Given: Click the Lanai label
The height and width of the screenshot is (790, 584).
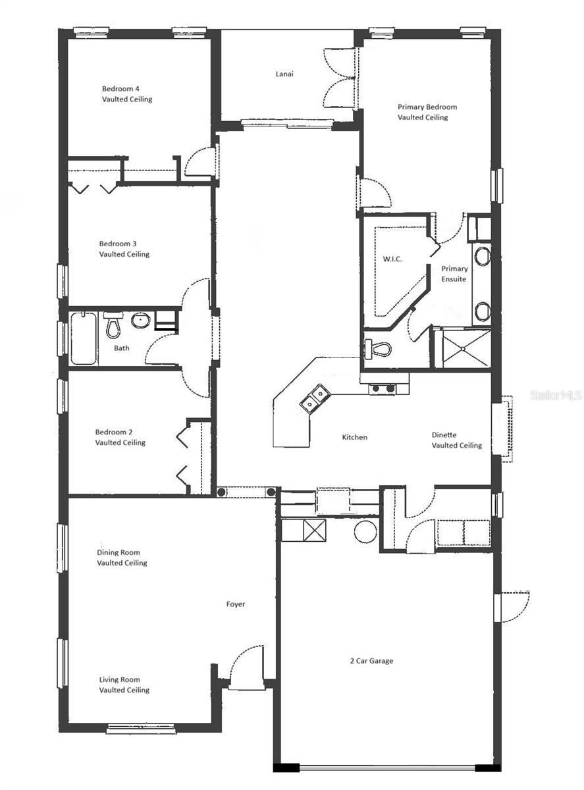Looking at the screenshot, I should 284,74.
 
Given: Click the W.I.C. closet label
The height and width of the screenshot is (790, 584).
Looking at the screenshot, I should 392,259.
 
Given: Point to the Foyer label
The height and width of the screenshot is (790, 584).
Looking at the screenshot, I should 236,604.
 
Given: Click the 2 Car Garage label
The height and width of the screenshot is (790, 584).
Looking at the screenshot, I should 371,660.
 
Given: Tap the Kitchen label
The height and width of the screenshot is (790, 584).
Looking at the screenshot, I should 354,437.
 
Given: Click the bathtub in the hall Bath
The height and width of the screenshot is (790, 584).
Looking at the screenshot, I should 84,338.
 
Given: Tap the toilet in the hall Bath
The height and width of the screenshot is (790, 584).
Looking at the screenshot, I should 113,325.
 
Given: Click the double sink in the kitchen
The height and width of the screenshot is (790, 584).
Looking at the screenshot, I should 315,398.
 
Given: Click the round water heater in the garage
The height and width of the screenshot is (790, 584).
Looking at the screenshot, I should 364,530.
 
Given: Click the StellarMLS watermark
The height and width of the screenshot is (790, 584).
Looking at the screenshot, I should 556,396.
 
